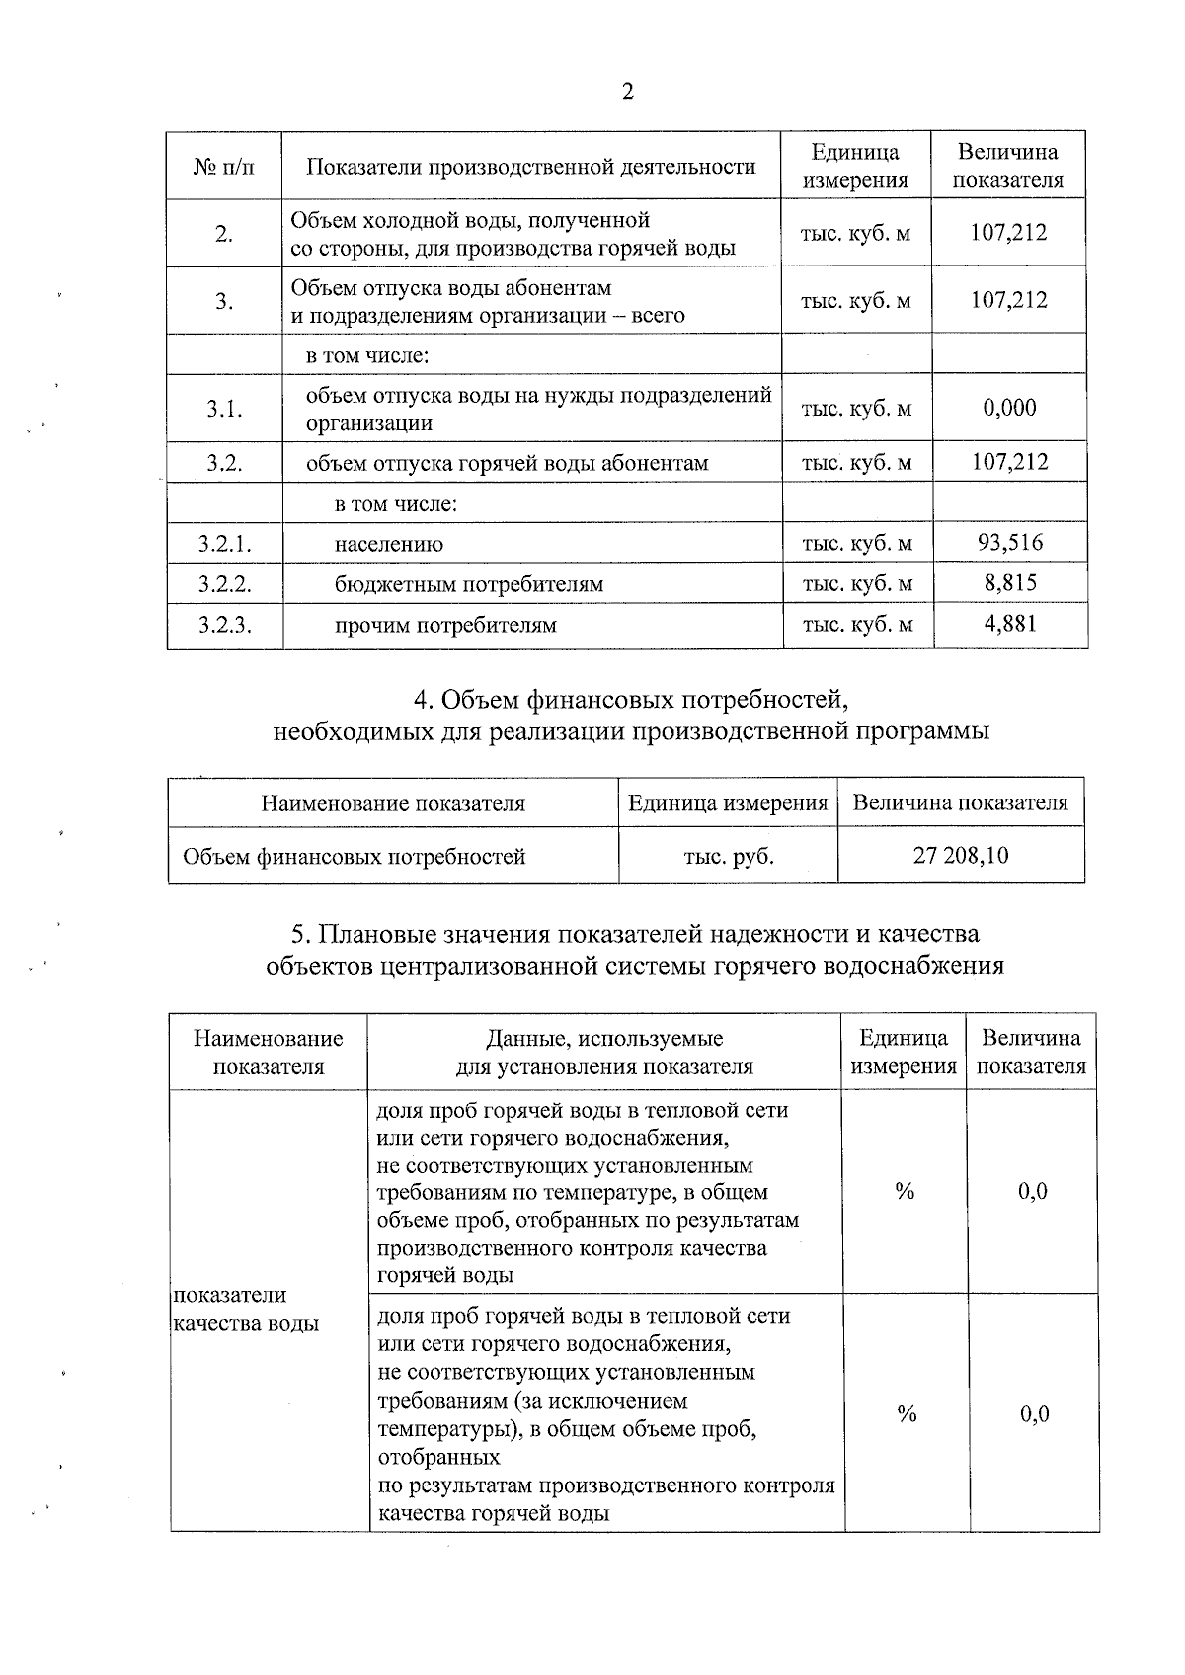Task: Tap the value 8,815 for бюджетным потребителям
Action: tap(1010, 583)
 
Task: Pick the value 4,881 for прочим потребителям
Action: tap(1010, 624)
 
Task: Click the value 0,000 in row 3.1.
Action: tap(1009, 408)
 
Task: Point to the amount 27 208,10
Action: tap(961, 855)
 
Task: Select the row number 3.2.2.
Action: tap(224, 584)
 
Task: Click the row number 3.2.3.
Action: tap(224, 625)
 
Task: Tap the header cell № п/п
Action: tap(223, 167)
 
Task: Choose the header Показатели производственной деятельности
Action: tap(531, 167)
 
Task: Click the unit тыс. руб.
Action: tap(729, 856)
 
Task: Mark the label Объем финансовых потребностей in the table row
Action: tap(354, 856)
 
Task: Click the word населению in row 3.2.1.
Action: tap(389, 544)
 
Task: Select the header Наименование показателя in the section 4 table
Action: tap(393, 803)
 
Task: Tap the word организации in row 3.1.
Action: tap(369, 424)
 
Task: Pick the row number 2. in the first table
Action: tap(224, 234)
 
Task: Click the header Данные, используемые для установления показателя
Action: tap(604, 1052)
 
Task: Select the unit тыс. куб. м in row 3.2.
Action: tap(856, 463)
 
